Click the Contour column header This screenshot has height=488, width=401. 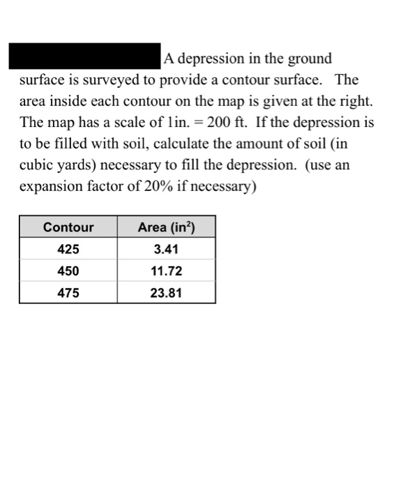(68, 227)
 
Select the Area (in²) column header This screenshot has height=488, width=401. (166, 227)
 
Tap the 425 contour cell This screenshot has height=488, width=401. (68, 249)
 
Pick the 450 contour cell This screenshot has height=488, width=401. (68, 271)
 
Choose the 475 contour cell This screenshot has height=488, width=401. (68, 293)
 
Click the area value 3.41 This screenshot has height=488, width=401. (166, 249)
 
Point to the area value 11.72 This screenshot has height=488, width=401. (166, 271)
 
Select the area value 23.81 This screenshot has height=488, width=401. (166, 293)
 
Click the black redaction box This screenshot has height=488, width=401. (84, 57)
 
